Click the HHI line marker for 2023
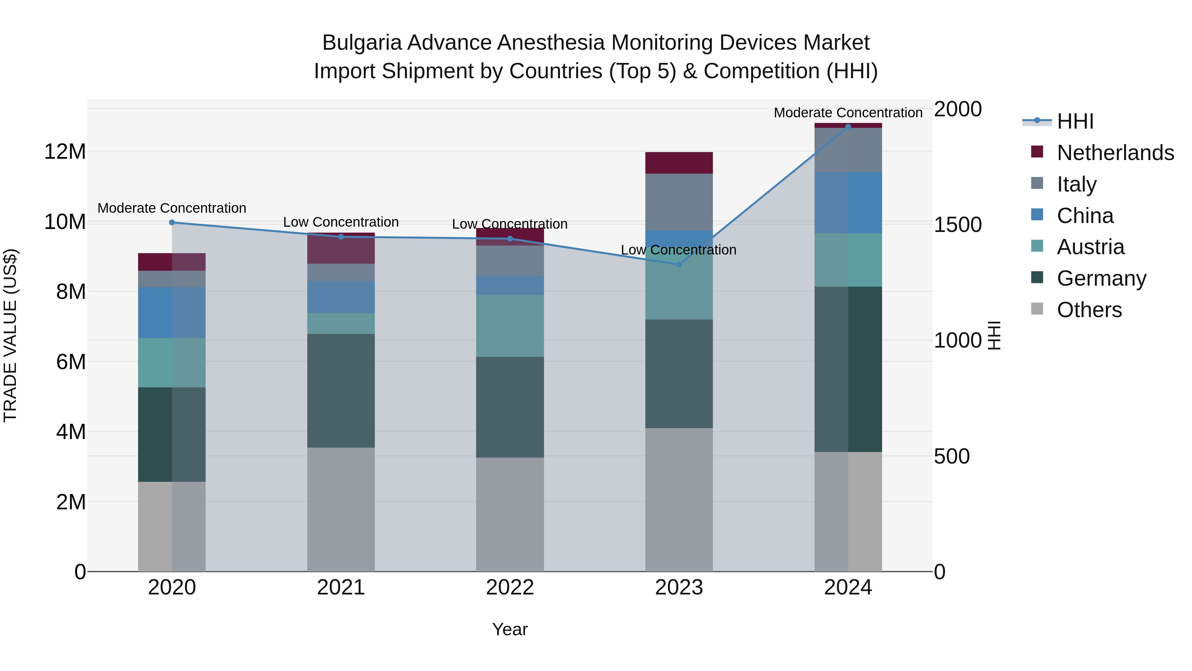tap(679, 264)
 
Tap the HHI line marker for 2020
tap(172, 222)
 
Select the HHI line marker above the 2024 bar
tap(848, 127)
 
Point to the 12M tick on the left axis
tap(65, 152)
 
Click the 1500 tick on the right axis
tap(957, 225)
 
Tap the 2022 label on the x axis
tap(510, 587)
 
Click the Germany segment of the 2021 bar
tap(341, 390)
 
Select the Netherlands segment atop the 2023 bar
tap(679, 163)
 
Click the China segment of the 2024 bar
tap(848, 202)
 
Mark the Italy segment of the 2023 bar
tap(679, 202)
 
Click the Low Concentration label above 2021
tap(341, 222)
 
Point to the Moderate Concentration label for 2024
tap(848, 113)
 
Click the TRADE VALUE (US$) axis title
tap(10, 335)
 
